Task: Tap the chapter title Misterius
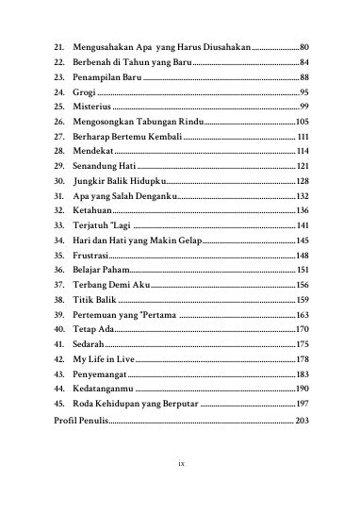pos(91,107)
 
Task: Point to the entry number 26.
pos(58,122)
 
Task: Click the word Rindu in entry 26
pos(188,122)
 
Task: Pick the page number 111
pos(303,137)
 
